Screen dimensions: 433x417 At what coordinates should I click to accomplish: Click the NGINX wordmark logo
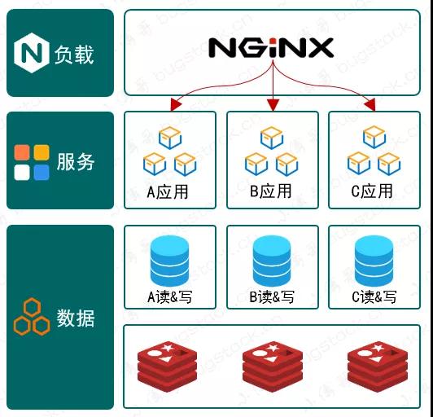click(271, 48)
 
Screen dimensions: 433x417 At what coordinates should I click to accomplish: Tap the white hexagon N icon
click(32, 53)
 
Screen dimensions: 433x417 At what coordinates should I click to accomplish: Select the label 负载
click(74, 55)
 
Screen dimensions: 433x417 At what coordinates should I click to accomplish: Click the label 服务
click(76, 161)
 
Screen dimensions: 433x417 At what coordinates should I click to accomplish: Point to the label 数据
click(76, 318)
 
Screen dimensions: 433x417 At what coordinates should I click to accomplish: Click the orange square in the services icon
click(22, 152)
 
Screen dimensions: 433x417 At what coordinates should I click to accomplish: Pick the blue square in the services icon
click(42, 173)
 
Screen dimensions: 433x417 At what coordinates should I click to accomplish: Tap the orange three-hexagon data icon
click(32, 317)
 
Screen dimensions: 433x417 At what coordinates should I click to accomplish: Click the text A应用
click(168, 191)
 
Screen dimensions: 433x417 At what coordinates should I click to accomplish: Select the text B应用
click(270, 191)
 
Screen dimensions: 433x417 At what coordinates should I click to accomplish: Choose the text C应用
click(372, 191)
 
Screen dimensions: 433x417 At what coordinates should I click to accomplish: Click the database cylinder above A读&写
click(169, 261)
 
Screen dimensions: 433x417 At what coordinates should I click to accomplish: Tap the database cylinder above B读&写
click(272, 261)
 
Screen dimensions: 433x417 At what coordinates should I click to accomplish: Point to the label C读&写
click(374, 297)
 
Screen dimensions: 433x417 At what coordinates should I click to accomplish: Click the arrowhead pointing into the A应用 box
click(175, 104)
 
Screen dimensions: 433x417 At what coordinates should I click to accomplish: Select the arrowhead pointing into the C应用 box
click(370, 104)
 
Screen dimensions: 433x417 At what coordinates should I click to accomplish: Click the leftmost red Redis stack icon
click(168, 367)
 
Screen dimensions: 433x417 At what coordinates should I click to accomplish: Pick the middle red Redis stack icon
click(273, 367)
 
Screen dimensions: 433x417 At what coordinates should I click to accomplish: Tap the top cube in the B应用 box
click(272, 138)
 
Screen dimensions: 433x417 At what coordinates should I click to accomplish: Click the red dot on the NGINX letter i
click(273, 42)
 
